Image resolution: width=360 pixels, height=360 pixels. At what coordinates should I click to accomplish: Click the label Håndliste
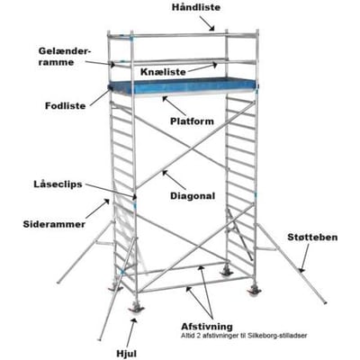(196, 7)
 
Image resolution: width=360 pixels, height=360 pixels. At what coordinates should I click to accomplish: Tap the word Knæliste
(163, 72)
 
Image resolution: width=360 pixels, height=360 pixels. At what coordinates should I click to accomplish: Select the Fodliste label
(66, 106)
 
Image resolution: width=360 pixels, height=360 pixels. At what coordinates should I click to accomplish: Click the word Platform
(192, 121)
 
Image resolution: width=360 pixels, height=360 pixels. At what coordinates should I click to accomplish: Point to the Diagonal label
(193, 196)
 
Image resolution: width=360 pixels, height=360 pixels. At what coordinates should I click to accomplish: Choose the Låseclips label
(58, 184)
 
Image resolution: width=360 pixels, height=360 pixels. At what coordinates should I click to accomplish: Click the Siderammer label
(54, 224)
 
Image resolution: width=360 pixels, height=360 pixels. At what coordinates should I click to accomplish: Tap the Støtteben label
(312, 238)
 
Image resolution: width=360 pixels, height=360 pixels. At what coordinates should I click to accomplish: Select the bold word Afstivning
(207, 327)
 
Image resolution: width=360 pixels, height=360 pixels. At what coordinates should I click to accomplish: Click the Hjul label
(127, 353)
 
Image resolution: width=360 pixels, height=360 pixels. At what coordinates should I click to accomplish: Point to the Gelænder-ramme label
(65, 57)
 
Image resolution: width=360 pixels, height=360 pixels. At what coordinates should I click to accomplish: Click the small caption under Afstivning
(244, 336)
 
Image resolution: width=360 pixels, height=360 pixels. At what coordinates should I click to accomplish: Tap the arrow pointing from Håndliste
(207, 23)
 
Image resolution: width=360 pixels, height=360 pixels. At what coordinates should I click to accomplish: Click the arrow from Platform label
(175, 105)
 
